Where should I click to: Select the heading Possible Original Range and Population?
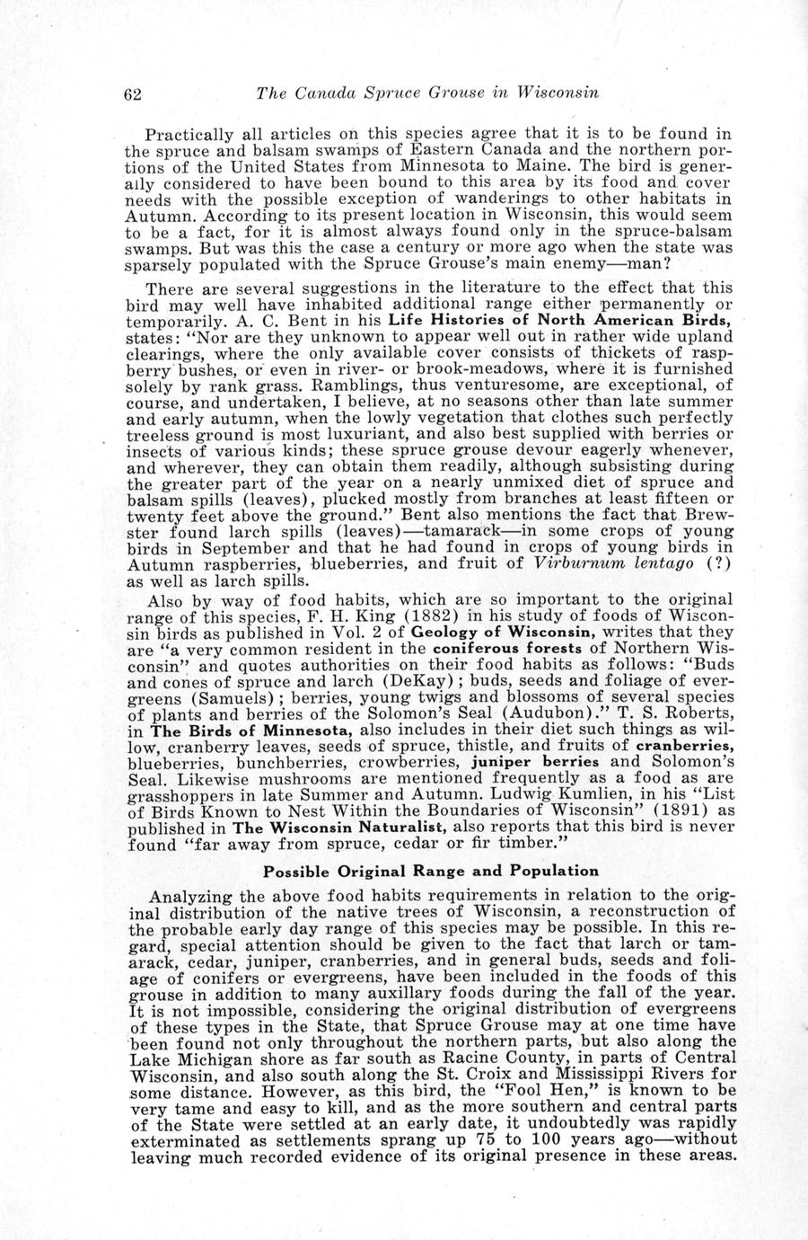tap(430, 871)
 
